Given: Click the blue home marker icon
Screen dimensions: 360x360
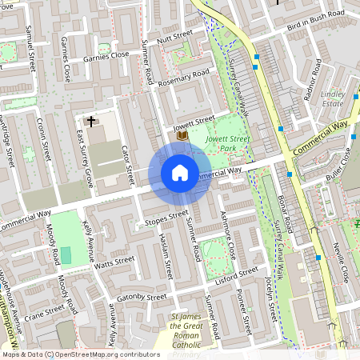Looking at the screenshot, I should point(180,173).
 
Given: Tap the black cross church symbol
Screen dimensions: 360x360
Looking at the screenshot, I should point(91,122).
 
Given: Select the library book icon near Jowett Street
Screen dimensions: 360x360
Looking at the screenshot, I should point(182,136).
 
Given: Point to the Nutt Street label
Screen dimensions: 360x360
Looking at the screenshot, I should point(175,36).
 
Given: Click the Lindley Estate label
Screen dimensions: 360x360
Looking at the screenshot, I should point(332,98).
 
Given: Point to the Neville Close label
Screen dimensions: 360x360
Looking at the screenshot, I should point(341,263).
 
